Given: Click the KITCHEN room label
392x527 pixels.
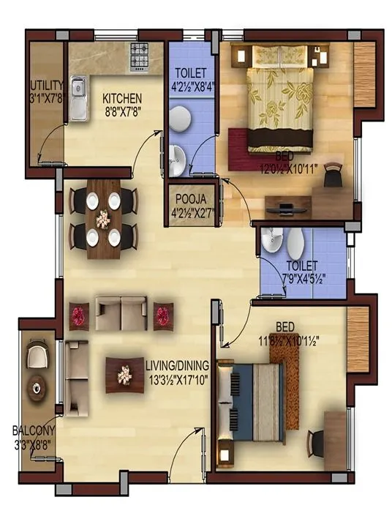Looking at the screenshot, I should [x=121, y=98].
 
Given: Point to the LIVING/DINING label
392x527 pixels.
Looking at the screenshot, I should [x=177, y=365].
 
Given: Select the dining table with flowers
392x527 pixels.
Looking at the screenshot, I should [x=103, y=218].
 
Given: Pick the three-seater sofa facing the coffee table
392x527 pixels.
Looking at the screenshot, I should [x=122, y=313].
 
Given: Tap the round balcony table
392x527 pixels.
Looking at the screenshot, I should [x=37, y=386].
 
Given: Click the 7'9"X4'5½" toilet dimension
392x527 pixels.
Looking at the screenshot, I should [x=303, y=279].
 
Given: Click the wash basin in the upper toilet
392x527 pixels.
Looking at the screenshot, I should [x=176, y=156].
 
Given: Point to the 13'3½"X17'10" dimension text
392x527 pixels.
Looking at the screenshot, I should [x=177, y=378].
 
